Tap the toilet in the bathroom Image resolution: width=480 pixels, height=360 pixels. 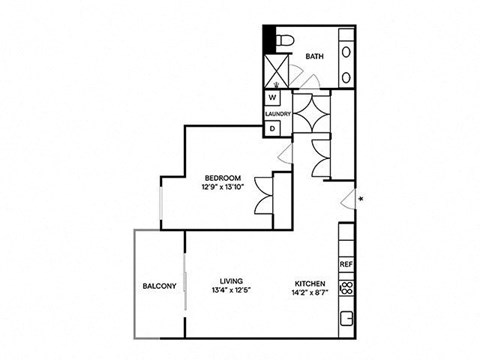283,39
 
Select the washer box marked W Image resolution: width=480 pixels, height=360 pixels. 272,98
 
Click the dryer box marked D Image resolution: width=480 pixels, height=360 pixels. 272,128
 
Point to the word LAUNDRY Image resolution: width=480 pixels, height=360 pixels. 277,113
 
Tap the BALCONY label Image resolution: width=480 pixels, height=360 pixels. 159,286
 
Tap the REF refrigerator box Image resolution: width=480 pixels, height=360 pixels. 346,264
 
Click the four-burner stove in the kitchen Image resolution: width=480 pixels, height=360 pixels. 346,289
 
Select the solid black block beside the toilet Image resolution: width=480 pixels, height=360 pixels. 268,39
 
